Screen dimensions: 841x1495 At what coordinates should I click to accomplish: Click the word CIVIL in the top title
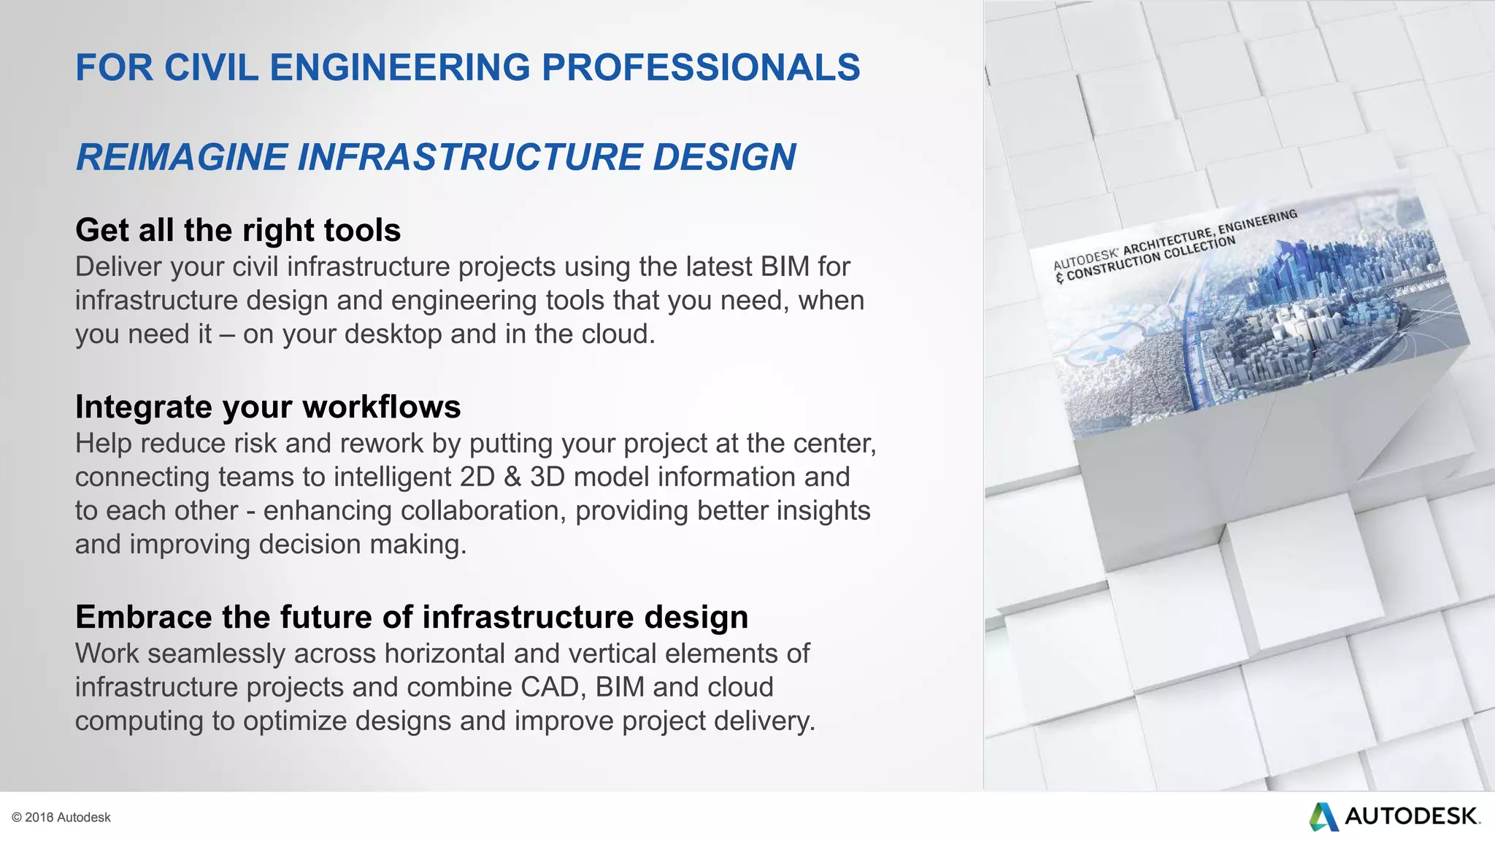(211, 68)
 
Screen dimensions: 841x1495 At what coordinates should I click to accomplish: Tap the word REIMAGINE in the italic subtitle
(182, 158)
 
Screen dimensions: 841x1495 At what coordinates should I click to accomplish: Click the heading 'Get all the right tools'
(238, 230)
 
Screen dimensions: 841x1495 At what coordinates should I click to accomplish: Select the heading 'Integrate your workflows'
(268, 407)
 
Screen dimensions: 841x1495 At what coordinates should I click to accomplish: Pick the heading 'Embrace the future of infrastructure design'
(412, 617)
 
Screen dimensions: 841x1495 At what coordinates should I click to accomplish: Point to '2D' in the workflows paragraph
(477, 477)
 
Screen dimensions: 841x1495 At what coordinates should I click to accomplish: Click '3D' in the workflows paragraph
(547, 477)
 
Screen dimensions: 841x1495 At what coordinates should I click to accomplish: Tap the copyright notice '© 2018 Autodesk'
(61, 818)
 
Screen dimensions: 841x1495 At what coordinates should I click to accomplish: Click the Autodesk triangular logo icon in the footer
(1323, 816)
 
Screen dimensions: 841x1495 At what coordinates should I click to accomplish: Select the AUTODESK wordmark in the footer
(1412, 816)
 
